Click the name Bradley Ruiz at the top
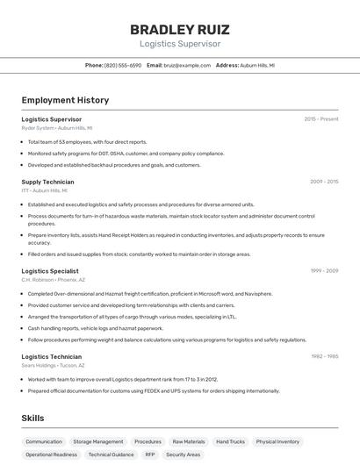(x=179, y=29)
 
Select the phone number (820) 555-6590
(x=123, y=65)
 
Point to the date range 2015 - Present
(x=320, y=118)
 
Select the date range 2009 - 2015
(x=323, y=182)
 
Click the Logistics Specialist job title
(x=50, y=271)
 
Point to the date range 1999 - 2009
(x=323, y=271)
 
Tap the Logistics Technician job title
(x=52, y=356)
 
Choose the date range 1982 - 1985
(x=323, y=356)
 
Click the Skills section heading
(x=32, y=418)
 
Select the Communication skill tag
(x=44, y=441)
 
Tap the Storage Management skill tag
(x=97, y=441)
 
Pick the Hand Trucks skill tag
(x=230, y=441)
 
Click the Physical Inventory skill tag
(x=277, y=441)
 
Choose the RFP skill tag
(x=150, y=454)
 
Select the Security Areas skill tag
(x=183, y=454)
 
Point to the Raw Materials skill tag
(x=189, y=441)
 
